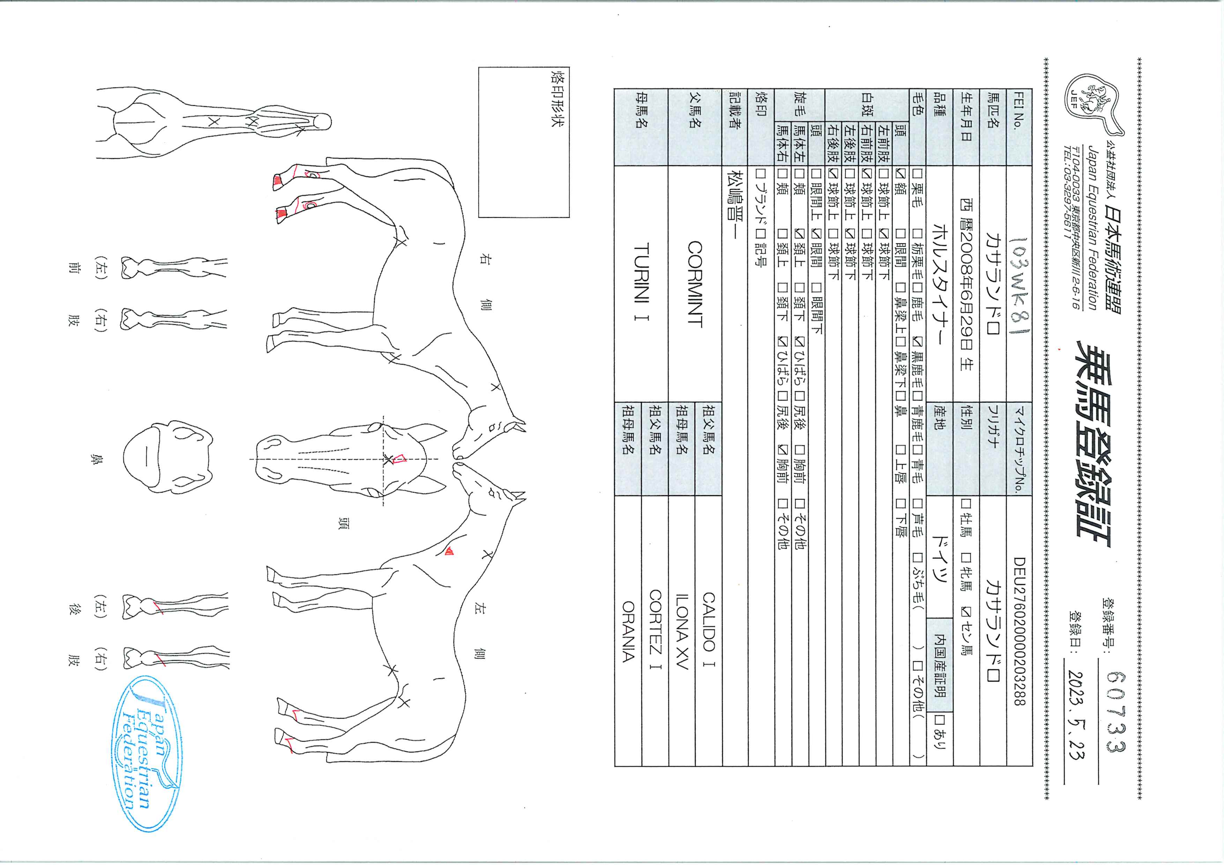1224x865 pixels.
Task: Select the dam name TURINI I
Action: [641, 283]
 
